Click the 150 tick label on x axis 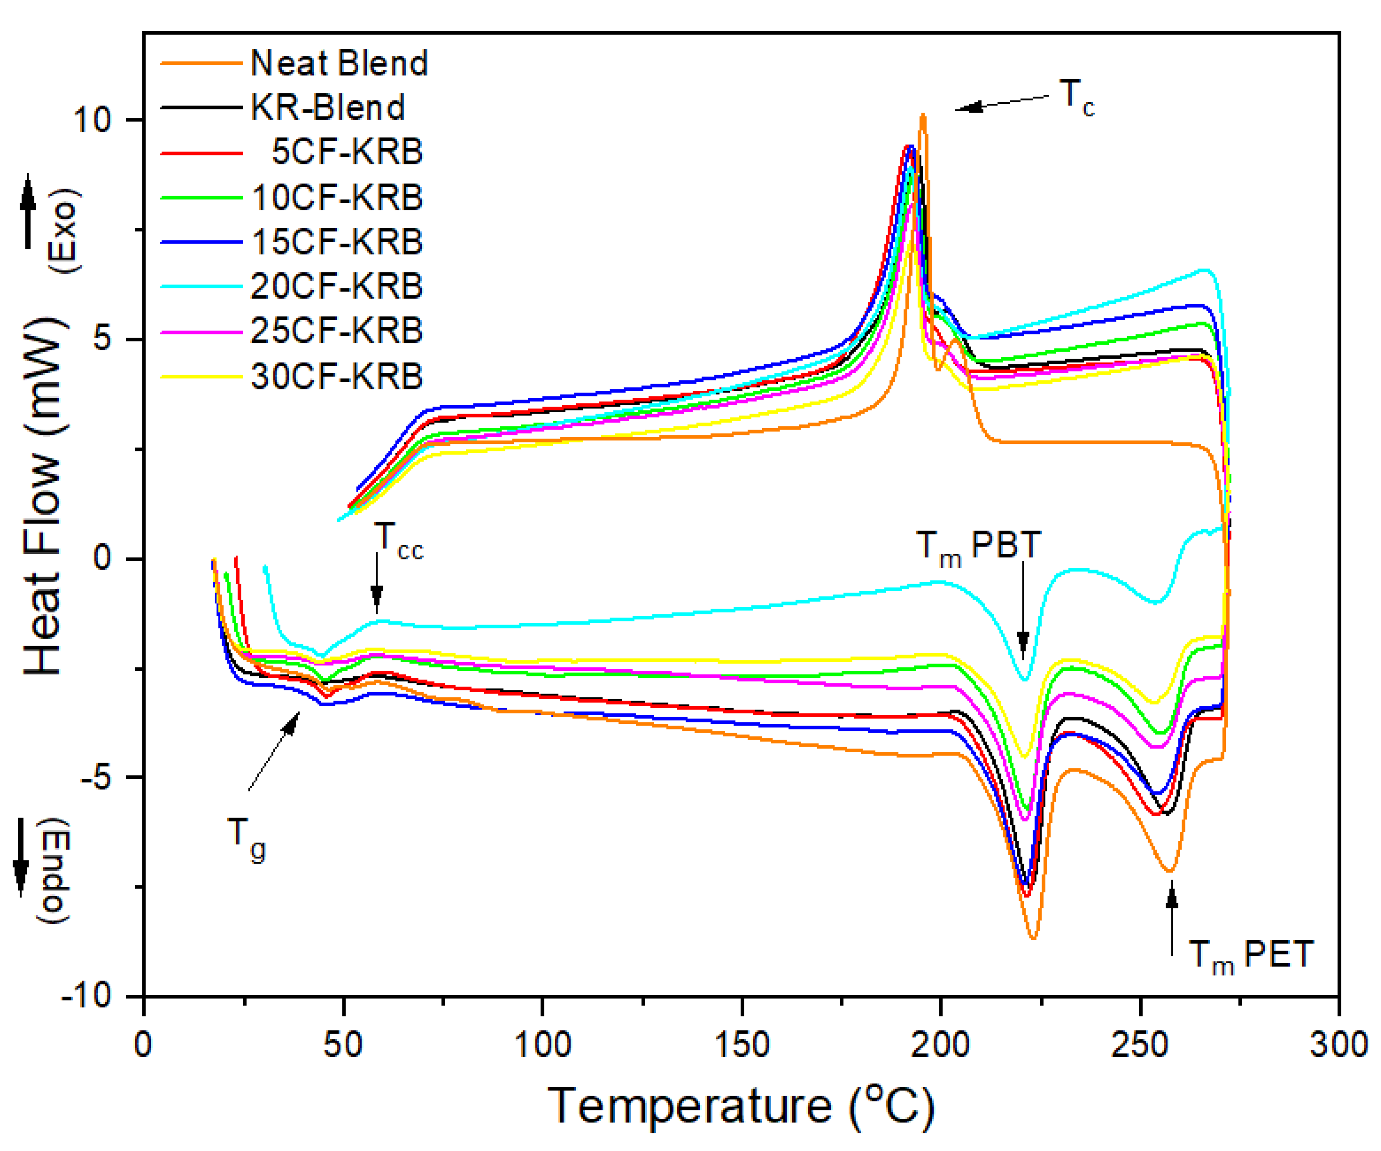click(x=742, y=1044)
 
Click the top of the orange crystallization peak click(x=923, y=116)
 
